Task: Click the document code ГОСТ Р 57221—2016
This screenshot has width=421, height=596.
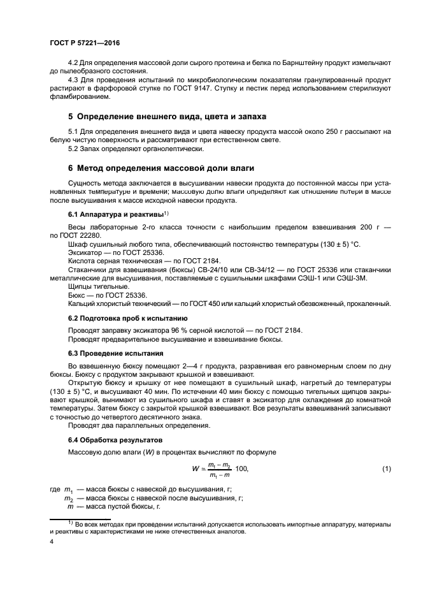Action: tap(84, 42)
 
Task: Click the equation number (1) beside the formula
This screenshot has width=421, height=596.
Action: tap(386, 469)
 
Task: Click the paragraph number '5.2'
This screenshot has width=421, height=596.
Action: tap(74, 149)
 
